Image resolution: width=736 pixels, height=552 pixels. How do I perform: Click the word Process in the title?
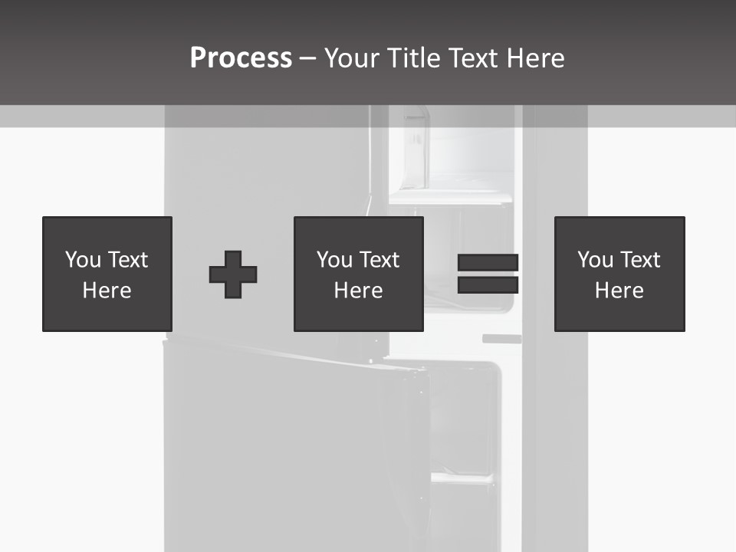pyautogui.click(x=241, y=58)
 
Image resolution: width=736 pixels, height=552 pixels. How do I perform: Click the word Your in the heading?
pyautogui.click(x=351, y=58)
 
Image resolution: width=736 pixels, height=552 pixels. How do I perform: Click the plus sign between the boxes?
pyautogui.click(x=233, y=274)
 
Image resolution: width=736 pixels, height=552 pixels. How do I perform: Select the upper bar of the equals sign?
pyautogui.click(x=488, y=263)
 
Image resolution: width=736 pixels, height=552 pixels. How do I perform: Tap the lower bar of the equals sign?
pyautogui.click(x=488, y=285)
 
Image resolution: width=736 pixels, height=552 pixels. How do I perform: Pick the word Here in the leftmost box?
pyautogui.click(x=107, y=291)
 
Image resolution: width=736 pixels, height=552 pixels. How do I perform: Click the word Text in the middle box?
pyautogui.click(x=379, y=260)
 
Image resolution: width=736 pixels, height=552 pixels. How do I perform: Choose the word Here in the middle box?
pyautogui.click(x=358, y=291)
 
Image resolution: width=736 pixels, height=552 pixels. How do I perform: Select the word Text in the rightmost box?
pyautogui.click(x=639, y=260)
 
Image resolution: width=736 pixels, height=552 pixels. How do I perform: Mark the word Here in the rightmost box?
pyautogui.click(x=619, y=291)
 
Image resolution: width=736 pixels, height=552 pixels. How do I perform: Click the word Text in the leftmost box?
pyautogui.click(x=127, y=260)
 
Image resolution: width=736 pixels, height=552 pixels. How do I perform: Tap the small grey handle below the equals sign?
pyautogui.click(x=501, y=338)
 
